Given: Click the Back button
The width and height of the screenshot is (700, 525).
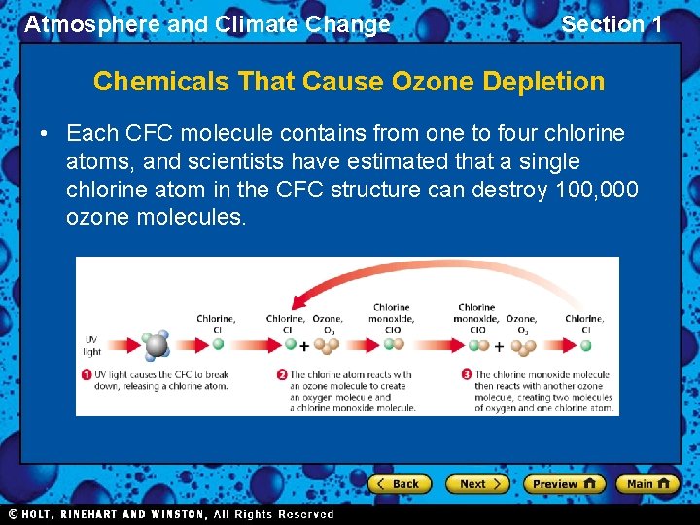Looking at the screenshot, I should pos(398,483).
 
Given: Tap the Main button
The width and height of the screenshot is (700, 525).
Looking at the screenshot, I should pos(647,483).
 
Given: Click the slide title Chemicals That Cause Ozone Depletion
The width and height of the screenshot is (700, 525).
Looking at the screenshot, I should pos(349,82).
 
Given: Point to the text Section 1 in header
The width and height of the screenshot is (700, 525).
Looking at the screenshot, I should pos(612,24).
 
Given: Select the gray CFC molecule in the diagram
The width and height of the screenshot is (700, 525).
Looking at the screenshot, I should pos(157,345).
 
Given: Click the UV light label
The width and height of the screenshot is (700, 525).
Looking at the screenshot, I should pos(92,345).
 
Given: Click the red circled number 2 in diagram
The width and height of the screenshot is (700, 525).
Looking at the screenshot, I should pos(281,375).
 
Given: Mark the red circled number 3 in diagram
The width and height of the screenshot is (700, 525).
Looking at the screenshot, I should pos(467,375).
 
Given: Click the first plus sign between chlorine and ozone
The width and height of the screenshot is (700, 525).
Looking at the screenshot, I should pos(304,346).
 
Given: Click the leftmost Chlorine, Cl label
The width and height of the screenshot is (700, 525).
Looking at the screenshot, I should pos(216,324).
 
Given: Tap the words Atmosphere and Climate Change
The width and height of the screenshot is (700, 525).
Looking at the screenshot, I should pos(207,24).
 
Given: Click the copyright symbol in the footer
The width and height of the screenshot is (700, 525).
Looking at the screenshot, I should pos(13,514).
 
